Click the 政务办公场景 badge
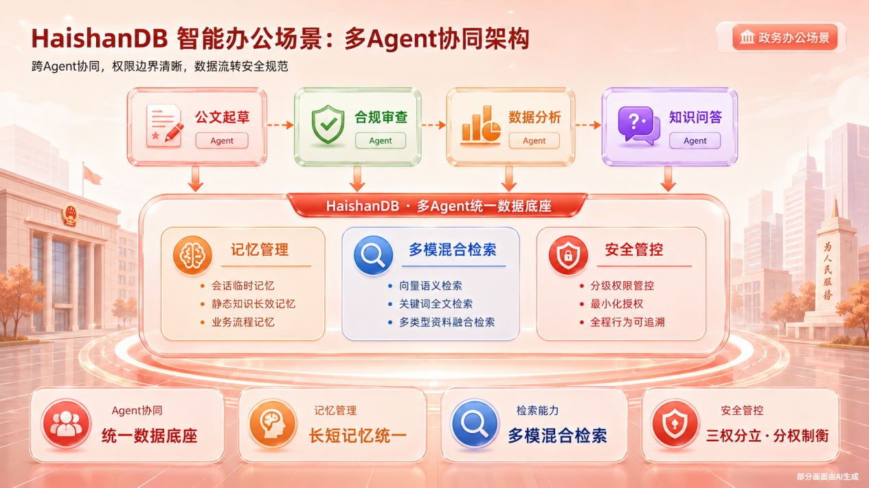[x=785, y=38]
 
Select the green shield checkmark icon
[x=328, y=124]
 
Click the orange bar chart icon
[x=480, y=124]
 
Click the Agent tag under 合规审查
[x=380, y=140]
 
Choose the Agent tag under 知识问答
[x=695, y=140]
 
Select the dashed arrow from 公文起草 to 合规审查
[x=280, y=125]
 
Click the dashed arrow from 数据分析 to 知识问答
[x=588, y=125]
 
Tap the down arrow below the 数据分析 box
[x=508, y=179]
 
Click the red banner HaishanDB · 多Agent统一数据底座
[x=437, y=206]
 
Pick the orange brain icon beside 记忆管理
[x=192, y=256]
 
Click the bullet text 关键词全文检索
[x=436, y=304]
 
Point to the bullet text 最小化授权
[x=616, y=304]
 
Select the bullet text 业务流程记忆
[x=243, y=322]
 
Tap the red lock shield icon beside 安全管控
[x=568, y=256]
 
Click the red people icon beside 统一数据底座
[x=66, y=423]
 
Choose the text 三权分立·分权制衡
[x=767, y=436]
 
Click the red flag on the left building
[x=92, y=175]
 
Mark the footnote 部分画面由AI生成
[x=828, y=476]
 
